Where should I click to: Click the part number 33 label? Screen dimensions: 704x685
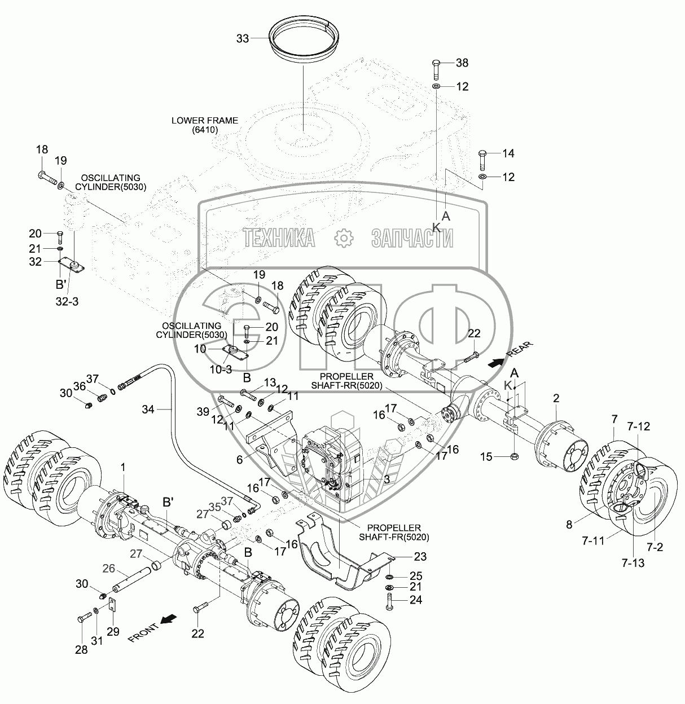coord(243,38)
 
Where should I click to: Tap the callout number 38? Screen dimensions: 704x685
coord(462,63)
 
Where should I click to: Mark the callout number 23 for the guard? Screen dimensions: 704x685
coord(420,557)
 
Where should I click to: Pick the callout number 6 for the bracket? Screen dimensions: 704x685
coord(239,460)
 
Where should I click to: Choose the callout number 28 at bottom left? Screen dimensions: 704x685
coord(82,650)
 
